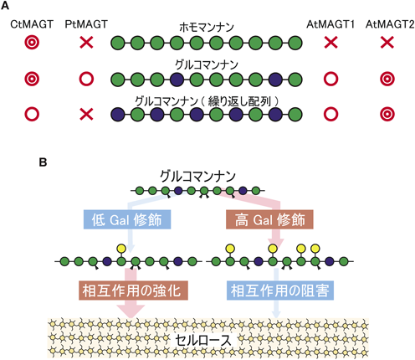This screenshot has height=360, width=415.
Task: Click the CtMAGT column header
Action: tap(32, 24)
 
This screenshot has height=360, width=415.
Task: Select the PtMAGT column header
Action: tap(86, 24)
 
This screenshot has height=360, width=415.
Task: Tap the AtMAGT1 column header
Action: tap(330, 24)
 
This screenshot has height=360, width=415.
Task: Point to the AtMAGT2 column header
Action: tap(390, 24)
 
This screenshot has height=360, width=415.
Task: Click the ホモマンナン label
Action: tap(207, 28)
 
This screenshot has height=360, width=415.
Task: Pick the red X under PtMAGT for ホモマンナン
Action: tap(86, 43)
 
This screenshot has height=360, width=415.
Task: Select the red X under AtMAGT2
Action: tap(387, 43)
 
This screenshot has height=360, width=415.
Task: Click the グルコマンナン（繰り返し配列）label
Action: tap(207, 101)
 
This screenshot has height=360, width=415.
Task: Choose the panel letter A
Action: tap(5, 6)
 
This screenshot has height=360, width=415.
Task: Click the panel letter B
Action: tap(43, 162)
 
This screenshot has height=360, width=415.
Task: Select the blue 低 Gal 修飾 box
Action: tap(127, 219)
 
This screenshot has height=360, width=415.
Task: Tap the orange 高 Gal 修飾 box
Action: tap(269, 219)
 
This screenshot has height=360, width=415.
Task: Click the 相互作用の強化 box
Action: tap(133, 291)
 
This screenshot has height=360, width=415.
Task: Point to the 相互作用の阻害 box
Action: tap(280, 291)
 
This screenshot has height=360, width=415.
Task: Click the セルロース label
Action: tap(203, 340)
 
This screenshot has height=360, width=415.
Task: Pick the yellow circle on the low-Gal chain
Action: tap(121, 248)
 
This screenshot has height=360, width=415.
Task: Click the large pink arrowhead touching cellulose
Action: tap(131, 311)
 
